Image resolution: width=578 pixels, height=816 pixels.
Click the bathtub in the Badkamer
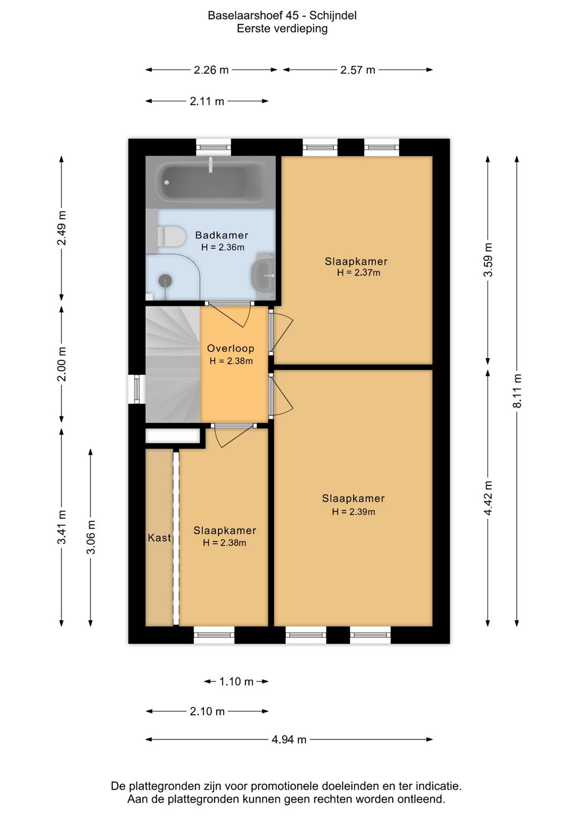tap(210, 182)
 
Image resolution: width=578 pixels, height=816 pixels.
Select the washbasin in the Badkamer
tap(263, 276)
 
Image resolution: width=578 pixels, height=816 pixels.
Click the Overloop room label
tap(231, 348)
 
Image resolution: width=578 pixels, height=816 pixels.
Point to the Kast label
tap(159, 538)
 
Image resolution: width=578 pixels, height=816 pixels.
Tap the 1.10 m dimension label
tap(236, 681)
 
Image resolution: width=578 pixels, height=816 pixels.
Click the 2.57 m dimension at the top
tap(358, 70)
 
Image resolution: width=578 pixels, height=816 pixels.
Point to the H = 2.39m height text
tap(353, 511)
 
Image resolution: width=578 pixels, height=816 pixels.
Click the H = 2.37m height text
tap(358, 273)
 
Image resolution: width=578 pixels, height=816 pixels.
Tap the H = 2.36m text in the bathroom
tap(223, 247)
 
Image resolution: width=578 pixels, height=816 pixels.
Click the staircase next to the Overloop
tap(173, 364)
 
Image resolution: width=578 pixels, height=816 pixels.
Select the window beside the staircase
tap(137, 389)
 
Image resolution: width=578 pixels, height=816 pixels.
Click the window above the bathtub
tap(214, 148)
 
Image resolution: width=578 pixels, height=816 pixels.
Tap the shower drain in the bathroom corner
tap(165, 281)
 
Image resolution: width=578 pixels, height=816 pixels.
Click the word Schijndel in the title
tap(333, 16)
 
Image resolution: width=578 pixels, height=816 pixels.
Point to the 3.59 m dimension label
tap(488, 260)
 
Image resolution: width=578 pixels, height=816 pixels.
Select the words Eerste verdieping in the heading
tap(282, 28)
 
